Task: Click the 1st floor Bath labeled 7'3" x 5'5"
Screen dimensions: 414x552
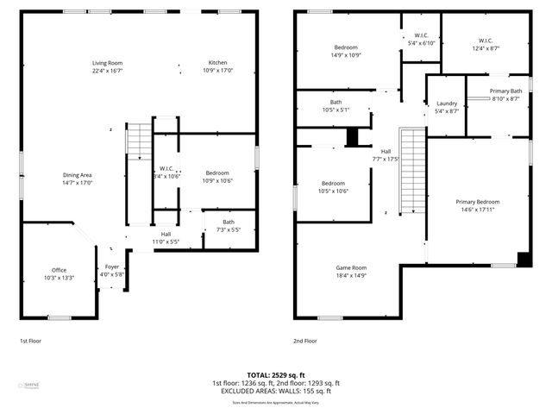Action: pos(228,226)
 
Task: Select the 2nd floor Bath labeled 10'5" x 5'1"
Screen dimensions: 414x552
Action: pos(335,105)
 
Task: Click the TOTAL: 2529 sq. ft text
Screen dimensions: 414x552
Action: pos(275,375)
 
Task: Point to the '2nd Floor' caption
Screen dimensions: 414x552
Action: pos(305,341)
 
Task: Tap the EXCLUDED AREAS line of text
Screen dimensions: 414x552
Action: pos(276,392)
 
